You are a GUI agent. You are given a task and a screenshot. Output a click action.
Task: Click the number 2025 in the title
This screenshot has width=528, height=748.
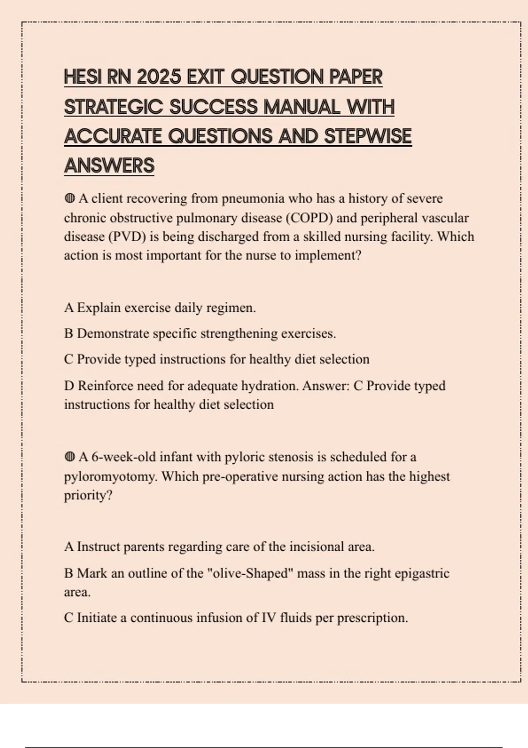point(159,77)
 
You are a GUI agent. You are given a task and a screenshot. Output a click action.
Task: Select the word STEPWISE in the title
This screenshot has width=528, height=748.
point(367,136)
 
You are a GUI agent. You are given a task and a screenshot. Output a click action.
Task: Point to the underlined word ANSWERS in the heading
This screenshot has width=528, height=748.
point(109,166)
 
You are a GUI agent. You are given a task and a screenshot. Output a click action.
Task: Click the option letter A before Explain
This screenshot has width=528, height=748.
point(69,308)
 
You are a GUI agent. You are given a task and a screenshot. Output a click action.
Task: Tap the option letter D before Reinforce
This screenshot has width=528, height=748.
point(69,386)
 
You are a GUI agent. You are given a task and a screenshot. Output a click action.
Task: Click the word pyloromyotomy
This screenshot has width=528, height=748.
point(110,477)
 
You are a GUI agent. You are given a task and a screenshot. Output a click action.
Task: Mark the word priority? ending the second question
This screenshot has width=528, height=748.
point(88,495)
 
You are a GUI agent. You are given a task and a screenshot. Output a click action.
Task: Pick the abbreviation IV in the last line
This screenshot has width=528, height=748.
point(268,618)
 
